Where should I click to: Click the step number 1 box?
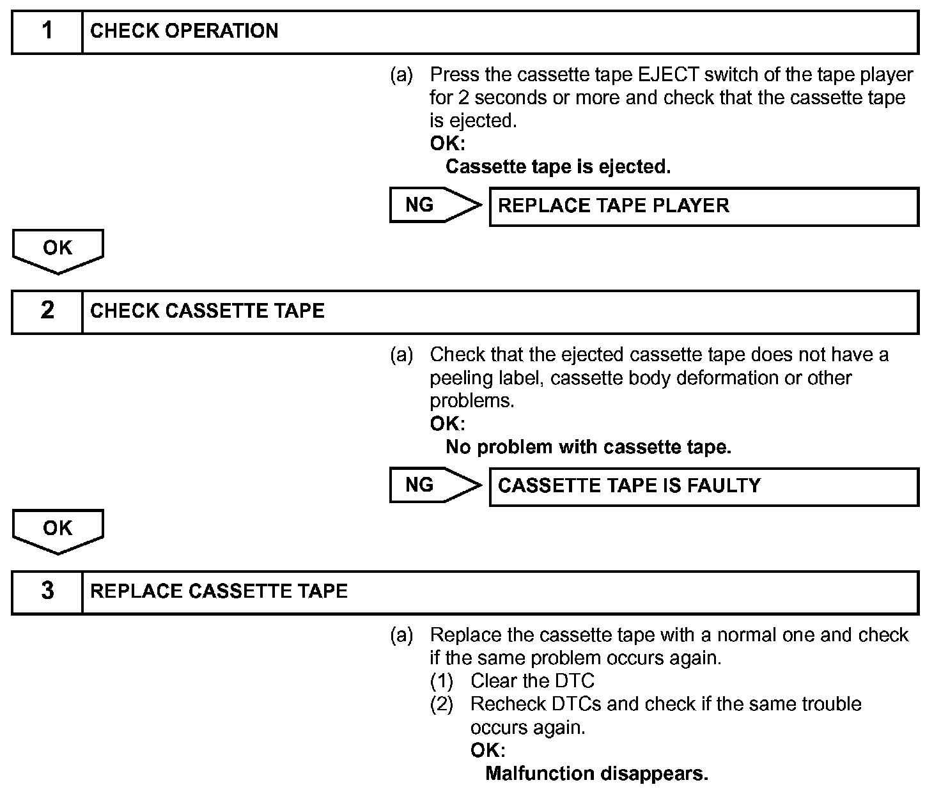pos(47,31)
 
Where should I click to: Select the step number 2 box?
pos(47,311)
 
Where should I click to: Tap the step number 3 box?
pos(47,591)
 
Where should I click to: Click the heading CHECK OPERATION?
pos(184,31)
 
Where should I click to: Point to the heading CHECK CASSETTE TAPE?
pos(207,311)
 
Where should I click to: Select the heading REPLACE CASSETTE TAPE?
pos(219,591)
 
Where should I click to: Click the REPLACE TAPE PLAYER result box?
pos(703,206)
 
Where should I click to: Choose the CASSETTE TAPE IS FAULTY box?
pos(703,486)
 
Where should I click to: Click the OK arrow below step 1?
pos(58,250)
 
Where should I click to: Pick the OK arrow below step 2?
pos(58,530)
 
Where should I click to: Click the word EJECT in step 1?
pos(668,75)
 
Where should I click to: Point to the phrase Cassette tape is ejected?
pos(557,167)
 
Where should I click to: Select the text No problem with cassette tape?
pos(588,447)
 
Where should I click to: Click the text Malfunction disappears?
pos(596,774)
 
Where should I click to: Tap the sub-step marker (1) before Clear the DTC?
pos(441,681)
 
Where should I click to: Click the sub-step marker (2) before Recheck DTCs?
pos(441,704)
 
